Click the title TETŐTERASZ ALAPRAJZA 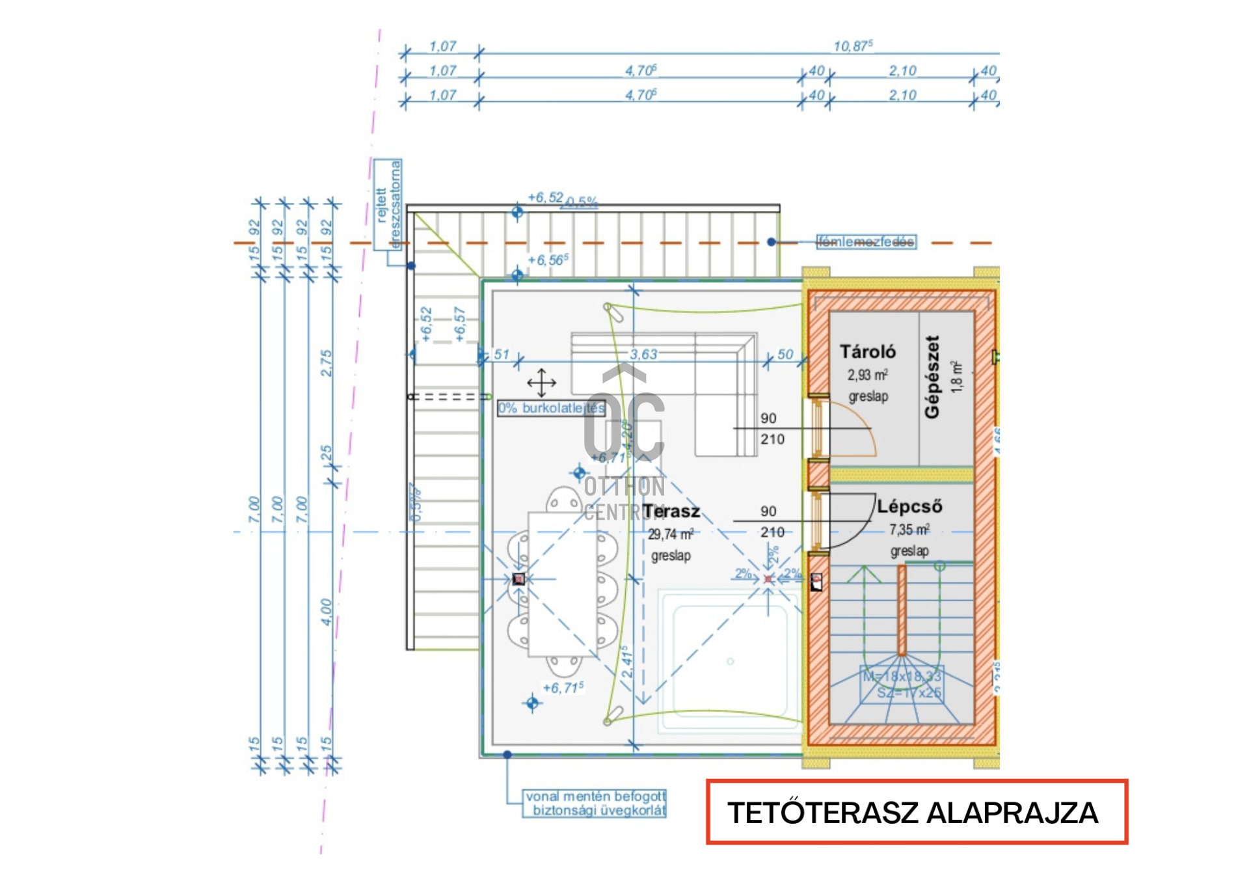coord(913,813)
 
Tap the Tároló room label coord(867,352)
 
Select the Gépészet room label coord(932,377)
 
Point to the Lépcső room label coord(909,506)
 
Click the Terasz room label coord(671,511)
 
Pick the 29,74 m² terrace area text coord(671,535)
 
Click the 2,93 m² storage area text coord(867,375)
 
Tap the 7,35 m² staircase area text coord(909,530)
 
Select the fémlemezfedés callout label coord(866,242)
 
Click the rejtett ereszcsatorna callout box coord(388,204)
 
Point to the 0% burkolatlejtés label coord(551,409)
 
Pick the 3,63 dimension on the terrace coord(643,355)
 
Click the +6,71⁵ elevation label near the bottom coord(563,688)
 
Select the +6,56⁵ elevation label coord(548,260)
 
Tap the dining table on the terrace coord(562,584)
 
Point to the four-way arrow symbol coord(541,383)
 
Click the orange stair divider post coord(902,610)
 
